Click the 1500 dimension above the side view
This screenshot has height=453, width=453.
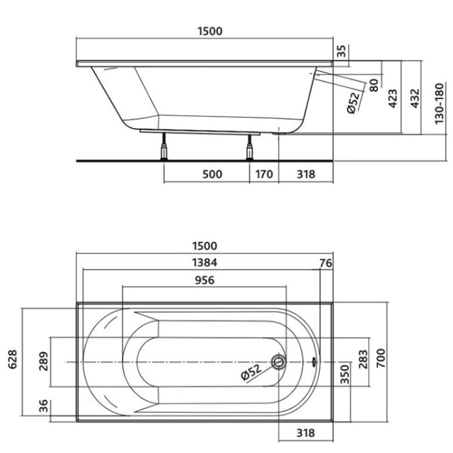[x=210, y=31]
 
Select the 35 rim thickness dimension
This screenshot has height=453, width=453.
[x=342, y=51]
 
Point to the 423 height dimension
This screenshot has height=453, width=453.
[x=392, y=98]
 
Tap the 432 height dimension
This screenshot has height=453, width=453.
[x=415, y=98]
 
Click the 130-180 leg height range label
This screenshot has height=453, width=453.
[x=439, y=104]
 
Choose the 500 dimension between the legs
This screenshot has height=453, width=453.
[x=212, y=174]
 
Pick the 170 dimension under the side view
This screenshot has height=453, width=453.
[x=264, y=174]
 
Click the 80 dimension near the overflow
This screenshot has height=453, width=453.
[x=374, y=85]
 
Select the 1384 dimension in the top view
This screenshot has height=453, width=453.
[x=204, y=262]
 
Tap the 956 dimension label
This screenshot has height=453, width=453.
[x=204, y=280]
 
